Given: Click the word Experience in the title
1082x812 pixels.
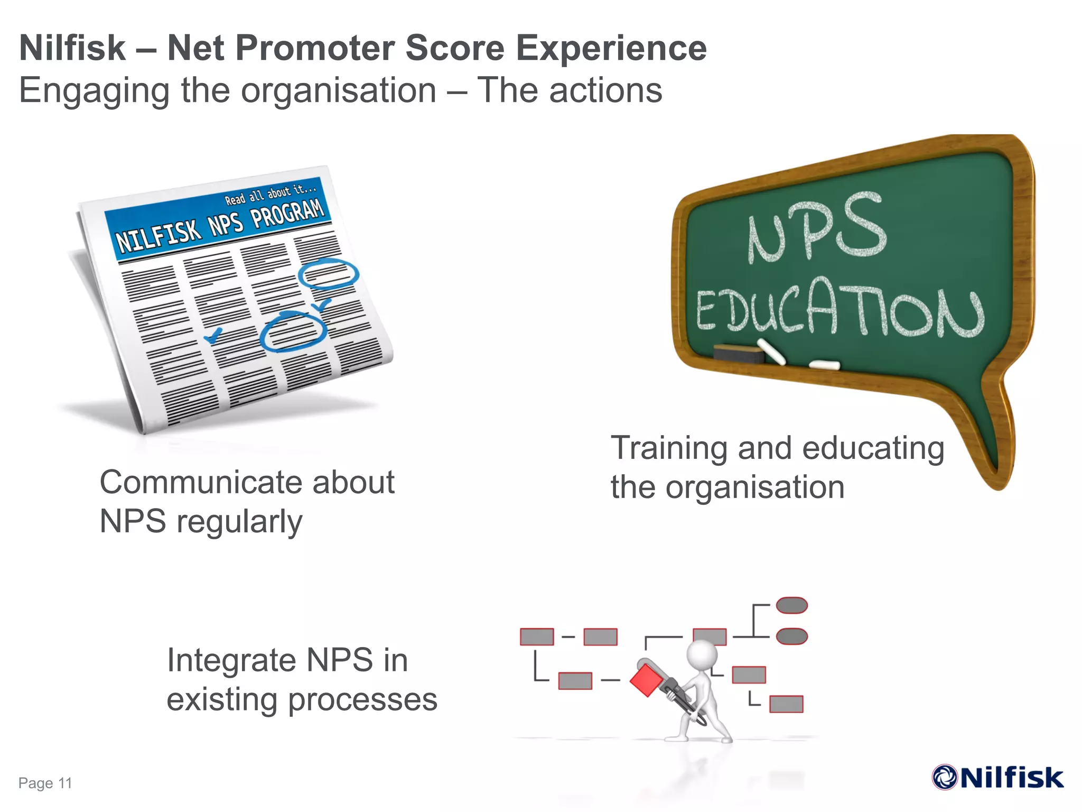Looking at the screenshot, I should [611, 48].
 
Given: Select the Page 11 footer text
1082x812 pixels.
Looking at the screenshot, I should [45, 783].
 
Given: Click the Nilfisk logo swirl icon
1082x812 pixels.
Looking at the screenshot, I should [945, 777].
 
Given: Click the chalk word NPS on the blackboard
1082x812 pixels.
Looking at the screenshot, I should [816, 229].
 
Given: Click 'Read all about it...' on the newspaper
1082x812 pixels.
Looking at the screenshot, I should [270, 194].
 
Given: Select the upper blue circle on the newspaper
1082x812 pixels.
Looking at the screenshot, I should [328, 274].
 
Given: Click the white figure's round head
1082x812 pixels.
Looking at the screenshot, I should [702, 656].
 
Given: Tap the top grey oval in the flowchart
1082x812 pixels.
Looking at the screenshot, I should [791, 605].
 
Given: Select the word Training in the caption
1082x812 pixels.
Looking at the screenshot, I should [669, 448].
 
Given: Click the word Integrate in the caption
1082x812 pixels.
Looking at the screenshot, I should [231, 660].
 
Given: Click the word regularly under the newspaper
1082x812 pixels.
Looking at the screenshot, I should [239, 522].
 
